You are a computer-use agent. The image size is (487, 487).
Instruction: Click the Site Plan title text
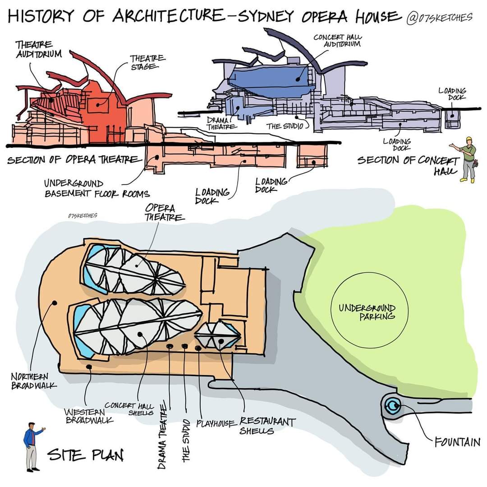tap(86, 455)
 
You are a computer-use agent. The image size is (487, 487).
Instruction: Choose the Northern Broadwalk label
tap(34, 381)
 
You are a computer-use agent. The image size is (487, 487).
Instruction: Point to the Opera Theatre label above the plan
tap(162, 213)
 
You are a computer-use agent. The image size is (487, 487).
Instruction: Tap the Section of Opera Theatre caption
tap(72, 161)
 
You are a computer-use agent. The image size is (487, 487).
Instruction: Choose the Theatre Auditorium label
tap(38, 49)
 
